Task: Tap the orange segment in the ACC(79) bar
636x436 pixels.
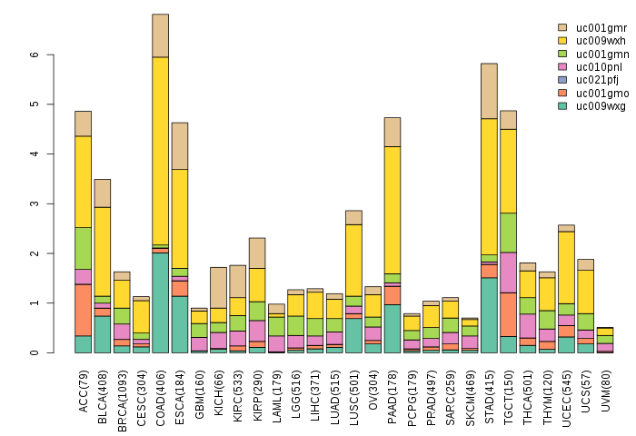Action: [x=83, y=310]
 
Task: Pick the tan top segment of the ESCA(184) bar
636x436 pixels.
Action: [x=180, y=145]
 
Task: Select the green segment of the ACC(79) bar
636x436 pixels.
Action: [x=83, y=248]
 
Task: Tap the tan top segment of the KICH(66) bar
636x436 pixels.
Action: [x=218, y=287]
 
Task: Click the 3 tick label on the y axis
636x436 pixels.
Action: [x=34, y=203]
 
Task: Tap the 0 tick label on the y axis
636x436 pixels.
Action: [x=34, y=352]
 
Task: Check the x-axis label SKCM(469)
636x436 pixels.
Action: [x=470, y=390]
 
